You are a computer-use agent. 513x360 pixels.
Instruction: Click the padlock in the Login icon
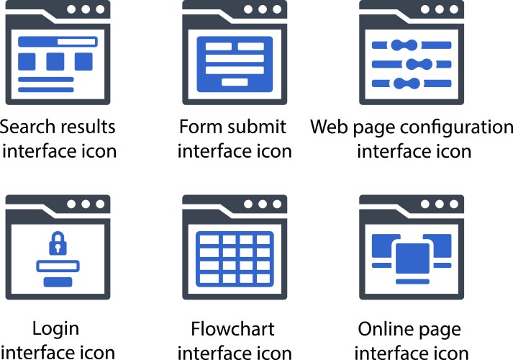[x=58, y=243]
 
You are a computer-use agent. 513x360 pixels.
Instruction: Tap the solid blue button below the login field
[x=58, y=282]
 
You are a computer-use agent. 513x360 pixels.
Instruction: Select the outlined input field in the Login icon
[x=58, y=266]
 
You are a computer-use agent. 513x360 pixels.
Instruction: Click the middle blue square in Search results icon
[x=55, y=61]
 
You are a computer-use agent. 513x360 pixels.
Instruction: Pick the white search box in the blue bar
[x=76, y=42]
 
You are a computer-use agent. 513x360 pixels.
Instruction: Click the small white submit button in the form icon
[x=235, y=82]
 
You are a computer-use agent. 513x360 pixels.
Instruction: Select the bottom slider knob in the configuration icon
[x=407, y=84]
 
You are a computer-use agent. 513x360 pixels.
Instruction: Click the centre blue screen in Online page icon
[x=412, y=258]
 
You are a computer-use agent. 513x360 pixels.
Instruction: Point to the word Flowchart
[x=232, y=329]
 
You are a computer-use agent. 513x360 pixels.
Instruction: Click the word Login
[x=56, y=329]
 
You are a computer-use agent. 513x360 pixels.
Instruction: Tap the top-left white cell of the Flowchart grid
[x=209, y=240]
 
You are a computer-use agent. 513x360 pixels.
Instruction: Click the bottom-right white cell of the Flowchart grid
[x=263, y=279]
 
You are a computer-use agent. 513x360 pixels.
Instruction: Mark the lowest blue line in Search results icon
[x=46, y=90]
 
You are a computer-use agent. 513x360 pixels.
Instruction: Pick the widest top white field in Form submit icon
[x=235, y=58]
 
